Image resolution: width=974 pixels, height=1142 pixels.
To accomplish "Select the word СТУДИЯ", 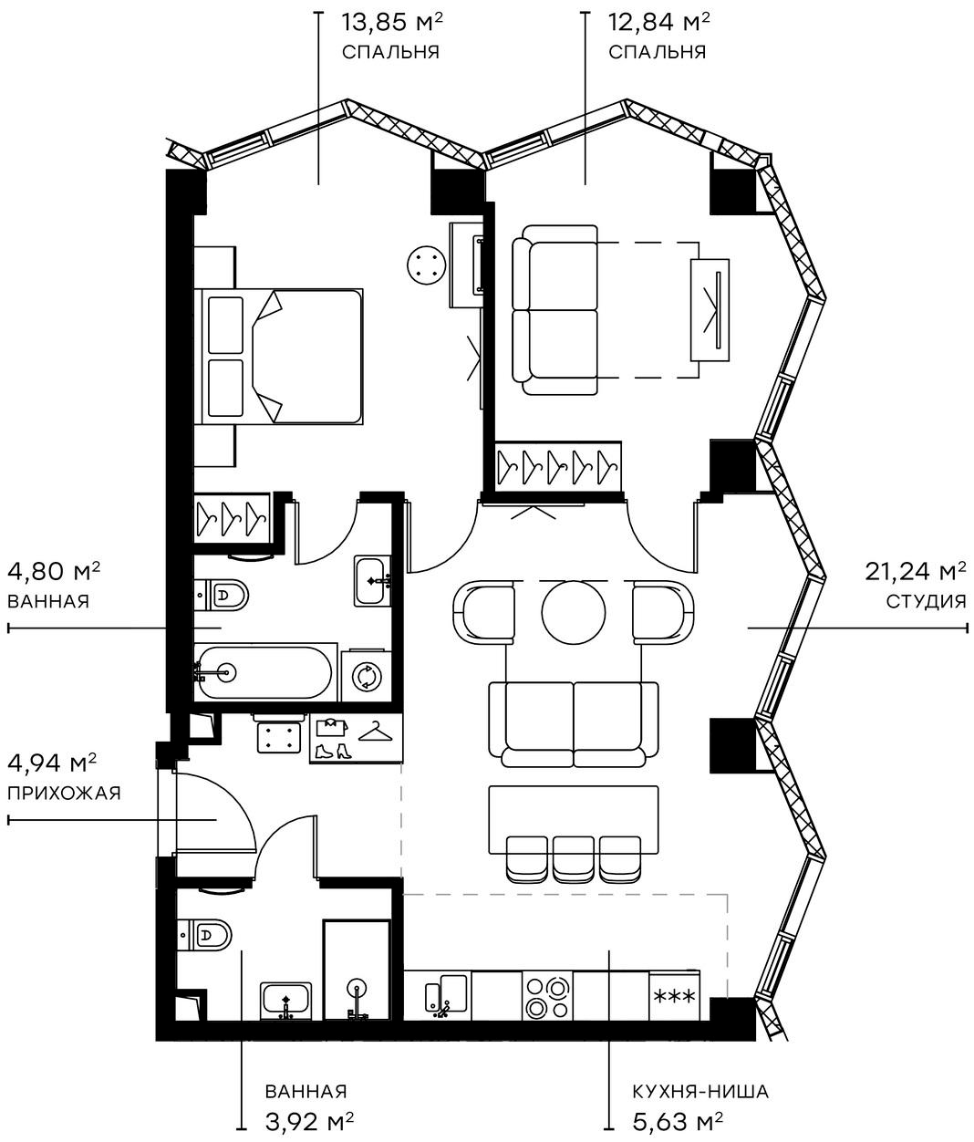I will (925, 601).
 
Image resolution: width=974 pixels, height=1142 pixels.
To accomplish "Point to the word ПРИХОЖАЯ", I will (64, 793).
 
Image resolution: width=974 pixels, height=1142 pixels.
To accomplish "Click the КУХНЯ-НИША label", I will (699, 1091).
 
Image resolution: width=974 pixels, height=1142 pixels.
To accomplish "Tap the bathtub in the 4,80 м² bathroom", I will (264, 673).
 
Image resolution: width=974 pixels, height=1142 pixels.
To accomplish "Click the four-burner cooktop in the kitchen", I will (547, 996).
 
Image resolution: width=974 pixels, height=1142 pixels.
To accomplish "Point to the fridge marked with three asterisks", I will (675, 996).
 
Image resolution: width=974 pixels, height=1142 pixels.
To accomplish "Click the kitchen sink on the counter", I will (447, 994).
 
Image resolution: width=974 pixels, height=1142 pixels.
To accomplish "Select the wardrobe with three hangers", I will (232, 517).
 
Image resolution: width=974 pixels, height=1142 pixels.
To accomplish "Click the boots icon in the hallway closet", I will (334, 751).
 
